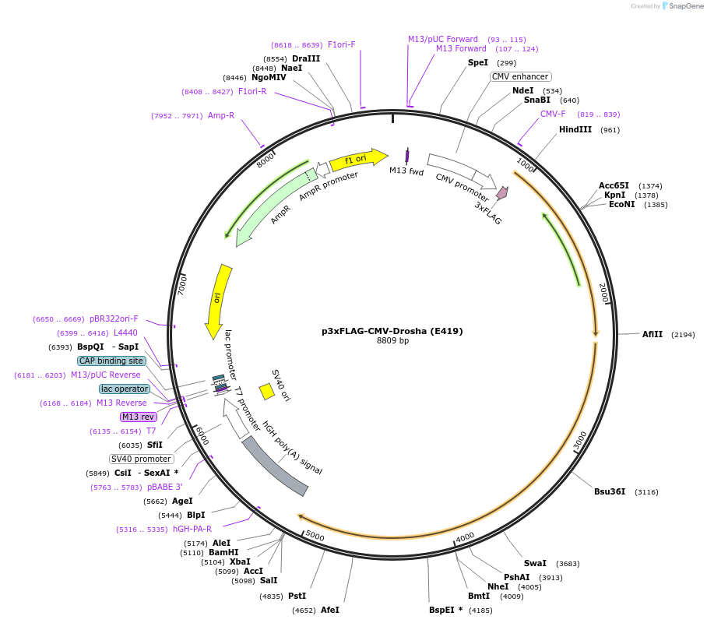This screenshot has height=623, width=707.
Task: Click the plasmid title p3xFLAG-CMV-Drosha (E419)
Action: (x=392, y=331)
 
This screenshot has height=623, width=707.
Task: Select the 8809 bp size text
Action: (x=392, y=341)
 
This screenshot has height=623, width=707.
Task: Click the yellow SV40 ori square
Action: (x=266, y=391)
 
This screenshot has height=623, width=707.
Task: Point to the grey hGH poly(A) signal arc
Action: (x=274, y=466)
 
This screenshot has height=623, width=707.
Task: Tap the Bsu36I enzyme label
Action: (x=610, y=492)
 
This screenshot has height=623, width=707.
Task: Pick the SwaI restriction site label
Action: (x=535, y=563)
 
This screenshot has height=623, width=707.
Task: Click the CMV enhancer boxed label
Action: (x=521, y=76)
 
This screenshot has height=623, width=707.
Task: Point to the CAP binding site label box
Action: (x=111, y=361)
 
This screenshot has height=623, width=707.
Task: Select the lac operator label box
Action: (x=125, y=389)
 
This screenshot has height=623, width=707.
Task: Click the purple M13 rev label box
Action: (x=139, y=417)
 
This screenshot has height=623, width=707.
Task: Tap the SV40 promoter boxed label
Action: (x=141, y=459)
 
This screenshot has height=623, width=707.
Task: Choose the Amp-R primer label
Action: (x=221, y=116)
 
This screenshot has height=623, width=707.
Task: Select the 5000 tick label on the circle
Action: (x=315, y=536)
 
